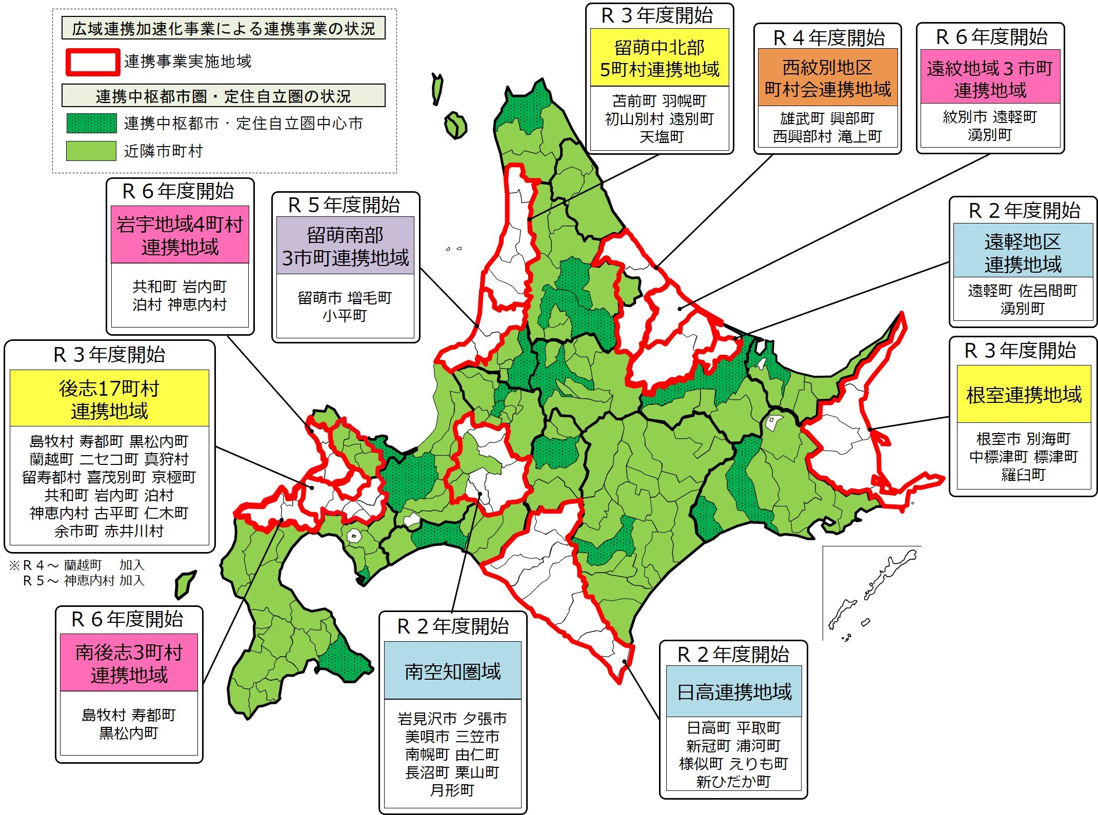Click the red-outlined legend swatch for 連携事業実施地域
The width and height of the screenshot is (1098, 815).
pyautogui.click(x=92, y=62)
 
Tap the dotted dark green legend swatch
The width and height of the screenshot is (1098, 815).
pyautogui.click(x=91, y=124)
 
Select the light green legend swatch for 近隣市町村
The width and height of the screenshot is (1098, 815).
pyautogui.click(x=91, y=151)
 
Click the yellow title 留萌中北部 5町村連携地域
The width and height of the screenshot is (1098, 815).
pyautogui.click(x=660, y=58)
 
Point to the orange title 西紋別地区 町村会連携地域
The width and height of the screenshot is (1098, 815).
pyautogui.click(x=827, y=78)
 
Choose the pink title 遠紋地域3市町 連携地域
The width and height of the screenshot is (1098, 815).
pyautogui.click(x=990, y=78)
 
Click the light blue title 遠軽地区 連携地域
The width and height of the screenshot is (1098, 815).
pyautogui.click(x=1023, y=252)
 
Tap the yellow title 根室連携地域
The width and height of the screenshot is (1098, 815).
pyautogui.click(x=1024, y=395)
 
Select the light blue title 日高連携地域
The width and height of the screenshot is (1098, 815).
pyautogui.click(x=734, y=692)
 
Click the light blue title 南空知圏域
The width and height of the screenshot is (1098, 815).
pyautogui.click(x=452, y=671)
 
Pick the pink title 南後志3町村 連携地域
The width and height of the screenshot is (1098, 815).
pyautogui.click(x=129, y=663)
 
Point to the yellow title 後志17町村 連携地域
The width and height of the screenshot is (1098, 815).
pyautogui.click(x=109, y=399)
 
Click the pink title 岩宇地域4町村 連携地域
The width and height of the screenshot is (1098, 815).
pyautogui.click(x=179, y=235)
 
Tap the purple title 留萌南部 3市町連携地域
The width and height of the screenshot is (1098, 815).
pyautogui.click(x=345, y=247)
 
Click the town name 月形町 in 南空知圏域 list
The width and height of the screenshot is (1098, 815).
pyautogui.click(x=452, y=790)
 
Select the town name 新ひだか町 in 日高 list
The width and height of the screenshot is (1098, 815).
pyautogui.click(x=733, y=782)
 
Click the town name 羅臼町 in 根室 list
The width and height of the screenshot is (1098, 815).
pyautogui.click(x=1023, y=475)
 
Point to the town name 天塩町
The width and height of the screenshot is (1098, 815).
pyautogui.click(x=662, y=137)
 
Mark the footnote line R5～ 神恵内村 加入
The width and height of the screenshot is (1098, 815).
pyautogui.click(x=84, y=581)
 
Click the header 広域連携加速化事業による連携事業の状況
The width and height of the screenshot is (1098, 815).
pyautogui.click(x=224, y=29)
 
